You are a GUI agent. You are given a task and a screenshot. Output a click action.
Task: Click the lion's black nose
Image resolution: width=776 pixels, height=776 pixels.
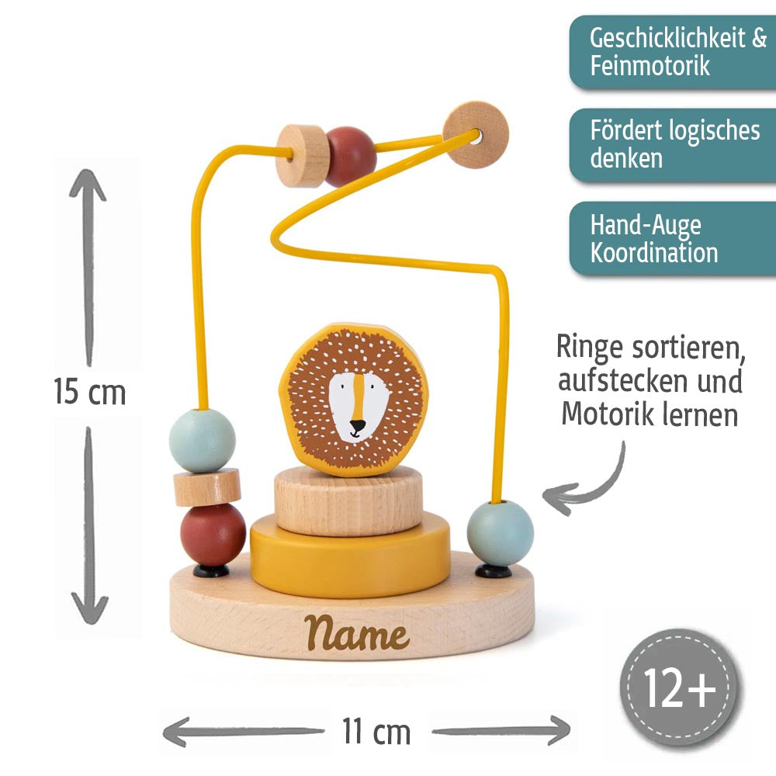357,426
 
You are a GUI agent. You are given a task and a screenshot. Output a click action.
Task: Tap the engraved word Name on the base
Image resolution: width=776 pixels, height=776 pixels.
357,634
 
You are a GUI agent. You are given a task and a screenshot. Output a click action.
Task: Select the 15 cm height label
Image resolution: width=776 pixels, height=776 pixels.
89,392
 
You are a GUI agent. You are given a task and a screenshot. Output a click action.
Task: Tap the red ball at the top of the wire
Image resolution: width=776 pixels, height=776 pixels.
350,156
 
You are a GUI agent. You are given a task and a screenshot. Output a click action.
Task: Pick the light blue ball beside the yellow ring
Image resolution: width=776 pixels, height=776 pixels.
501,533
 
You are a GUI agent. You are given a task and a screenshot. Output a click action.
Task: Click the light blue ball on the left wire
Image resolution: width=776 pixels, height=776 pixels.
203,440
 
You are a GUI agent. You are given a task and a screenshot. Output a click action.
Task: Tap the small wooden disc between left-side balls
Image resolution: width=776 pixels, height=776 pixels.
207,487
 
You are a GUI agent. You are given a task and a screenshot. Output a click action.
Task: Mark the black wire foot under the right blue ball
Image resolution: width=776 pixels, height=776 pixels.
494,571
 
